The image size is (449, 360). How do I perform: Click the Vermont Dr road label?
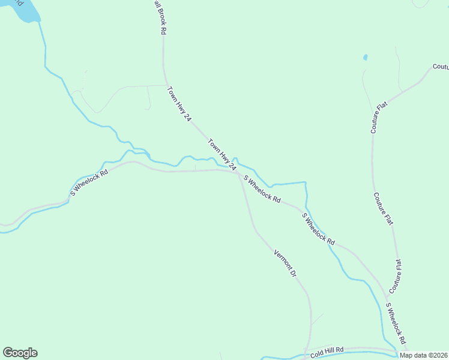[x=285, y=263]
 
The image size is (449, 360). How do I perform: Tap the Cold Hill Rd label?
[x=327, y=352]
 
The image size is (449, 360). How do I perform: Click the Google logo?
[x=20, y=353]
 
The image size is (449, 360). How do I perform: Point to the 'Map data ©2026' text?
[x=423, y=355]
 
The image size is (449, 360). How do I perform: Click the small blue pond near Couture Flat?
[x=365, y=58]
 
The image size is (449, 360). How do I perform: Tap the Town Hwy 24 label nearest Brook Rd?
[x=178, y=104]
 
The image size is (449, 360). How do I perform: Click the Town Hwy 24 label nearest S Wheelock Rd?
[x=220, y=154]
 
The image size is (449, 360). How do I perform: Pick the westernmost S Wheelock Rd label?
[x=89, y=182]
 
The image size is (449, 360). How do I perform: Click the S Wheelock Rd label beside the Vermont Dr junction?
[x=262, y=188]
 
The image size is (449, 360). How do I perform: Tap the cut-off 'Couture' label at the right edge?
[x=441, y=67]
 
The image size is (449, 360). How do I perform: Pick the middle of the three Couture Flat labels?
[x=383, y=209]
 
